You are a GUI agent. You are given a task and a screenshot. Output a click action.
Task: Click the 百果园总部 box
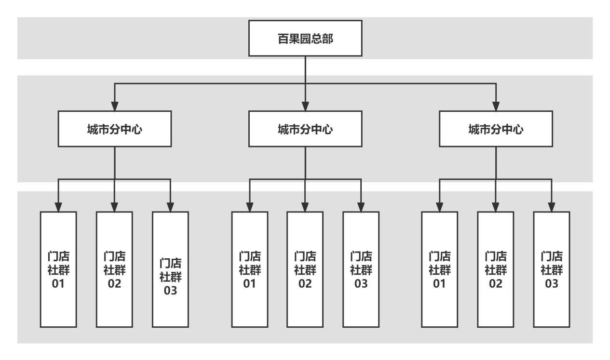(305, 38)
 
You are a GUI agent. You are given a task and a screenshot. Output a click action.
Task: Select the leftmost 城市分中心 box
(115, 129)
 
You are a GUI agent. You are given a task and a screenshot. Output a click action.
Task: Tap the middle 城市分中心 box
(305, 129)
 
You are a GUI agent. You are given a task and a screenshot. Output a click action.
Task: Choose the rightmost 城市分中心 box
(496, 129)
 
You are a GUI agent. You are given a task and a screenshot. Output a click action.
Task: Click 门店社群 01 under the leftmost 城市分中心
(58, 269)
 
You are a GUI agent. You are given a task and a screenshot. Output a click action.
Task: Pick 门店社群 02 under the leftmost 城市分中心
(114, 269)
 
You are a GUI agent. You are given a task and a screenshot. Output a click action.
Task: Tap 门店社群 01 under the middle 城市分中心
(249, 269)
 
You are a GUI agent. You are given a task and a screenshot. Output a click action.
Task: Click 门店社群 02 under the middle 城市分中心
(305, 269)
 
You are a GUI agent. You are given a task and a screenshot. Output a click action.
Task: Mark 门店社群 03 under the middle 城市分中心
(361, 269)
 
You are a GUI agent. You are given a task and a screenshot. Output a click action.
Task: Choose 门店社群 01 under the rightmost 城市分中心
(440, 269)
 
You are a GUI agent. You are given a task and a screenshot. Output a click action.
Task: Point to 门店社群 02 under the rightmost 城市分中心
(496, 269)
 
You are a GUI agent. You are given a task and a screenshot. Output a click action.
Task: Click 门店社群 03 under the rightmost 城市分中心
(552, 269)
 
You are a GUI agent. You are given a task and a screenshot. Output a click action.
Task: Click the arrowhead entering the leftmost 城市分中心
(115, 106)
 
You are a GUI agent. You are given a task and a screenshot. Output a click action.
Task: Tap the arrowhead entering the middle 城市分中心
(305, 106)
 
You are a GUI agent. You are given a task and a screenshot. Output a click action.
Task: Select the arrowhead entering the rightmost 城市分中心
(496, 106)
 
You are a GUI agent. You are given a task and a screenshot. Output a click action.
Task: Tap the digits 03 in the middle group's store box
(361, 283)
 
